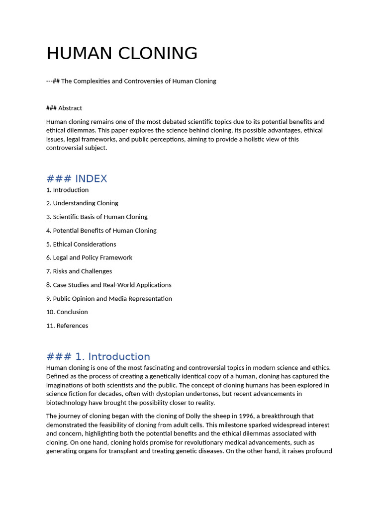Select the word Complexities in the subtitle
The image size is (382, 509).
pyautogui.click(x=92, y=81)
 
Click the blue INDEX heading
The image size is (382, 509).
pyautogui.click(x=77, y=178)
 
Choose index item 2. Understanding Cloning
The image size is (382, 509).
pyautogui.click(x=82, y=203)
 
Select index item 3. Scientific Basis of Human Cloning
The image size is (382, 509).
pyautogui.click(x=97, y=217)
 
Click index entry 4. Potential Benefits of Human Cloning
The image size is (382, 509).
pyautogui.click(x=101, y=231)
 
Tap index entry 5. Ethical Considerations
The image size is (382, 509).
pyautogui.click(x=81, y=244)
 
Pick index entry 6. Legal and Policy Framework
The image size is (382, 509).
pyautogui.click(x=89, y=257)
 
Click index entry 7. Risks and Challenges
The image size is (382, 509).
pyautogui.click(x=79, y=271)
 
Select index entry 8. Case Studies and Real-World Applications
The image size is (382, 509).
pyautogui.click(x=109, y=285)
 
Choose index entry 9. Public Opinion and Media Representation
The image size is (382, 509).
pyautogui.click(x=109, y=299)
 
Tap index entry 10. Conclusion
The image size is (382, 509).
pyautogui.click(x=67, y=312)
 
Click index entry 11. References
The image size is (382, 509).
pyautogui.click(x=67, y=326)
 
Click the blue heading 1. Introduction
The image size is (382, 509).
pyautogui.click(x=98, y=356)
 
